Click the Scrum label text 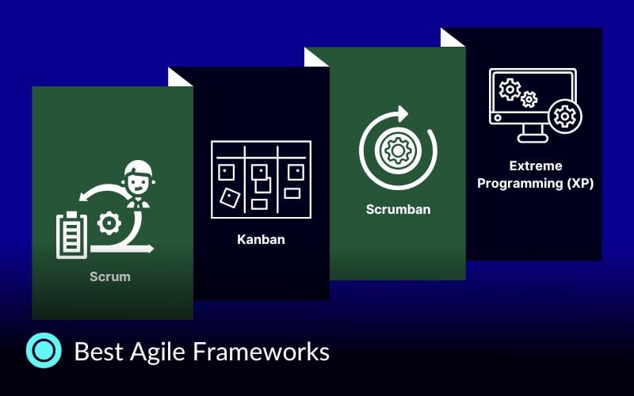point(110,277)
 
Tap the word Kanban point(261,238)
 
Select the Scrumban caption point(398,210)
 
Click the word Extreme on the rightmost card point(536,166)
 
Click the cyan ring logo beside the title point(44,350)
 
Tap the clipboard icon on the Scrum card point(71,234)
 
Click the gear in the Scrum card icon point(108,223)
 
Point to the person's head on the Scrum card point(138,175)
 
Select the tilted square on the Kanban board point(229,196)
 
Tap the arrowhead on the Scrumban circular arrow point(403,112)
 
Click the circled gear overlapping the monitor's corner point(565,116)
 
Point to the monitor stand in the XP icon point(533,133)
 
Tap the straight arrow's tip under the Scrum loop point(151,249)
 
